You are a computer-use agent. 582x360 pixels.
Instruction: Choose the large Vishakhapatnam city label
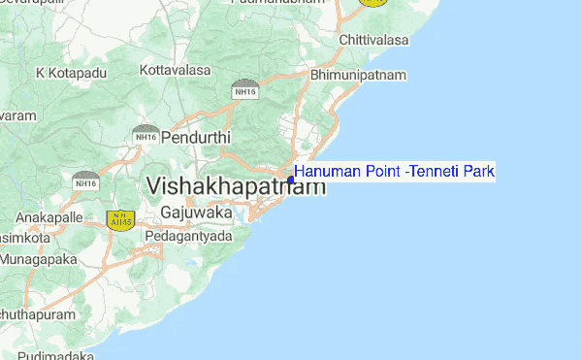pos(235,186)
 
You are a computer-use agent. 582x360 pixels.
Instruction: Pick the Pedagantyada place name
pos(188,236)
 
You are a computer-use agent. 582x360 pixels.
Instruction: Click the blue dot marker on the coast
pos(291,180)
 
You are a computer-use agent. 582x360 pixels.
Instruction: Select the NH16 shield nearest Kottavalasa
pos(244,90)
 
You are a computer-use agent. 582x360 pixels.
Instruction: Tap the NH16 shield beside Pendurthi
pos(146,135)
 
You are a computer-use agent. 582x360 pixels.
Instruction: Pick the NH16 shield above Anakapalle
pos(85,180)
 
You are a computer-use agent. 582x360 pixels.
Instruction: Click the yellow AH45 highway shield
pos(120,221)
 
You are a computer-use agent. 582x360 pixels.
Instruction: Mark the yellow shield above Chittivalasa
pos(372,3)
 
